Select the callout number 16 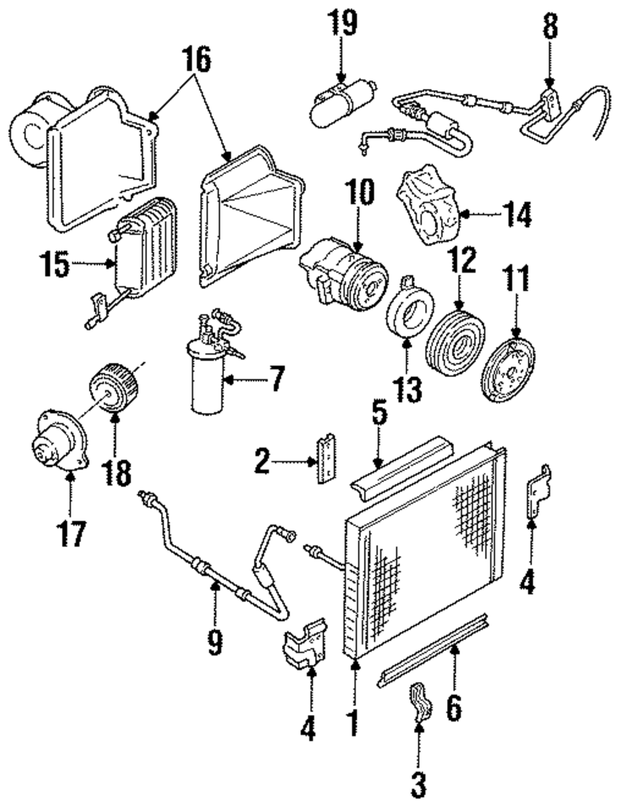click(x=196, y=60)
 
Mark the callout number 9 click(x=214, y=639)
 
